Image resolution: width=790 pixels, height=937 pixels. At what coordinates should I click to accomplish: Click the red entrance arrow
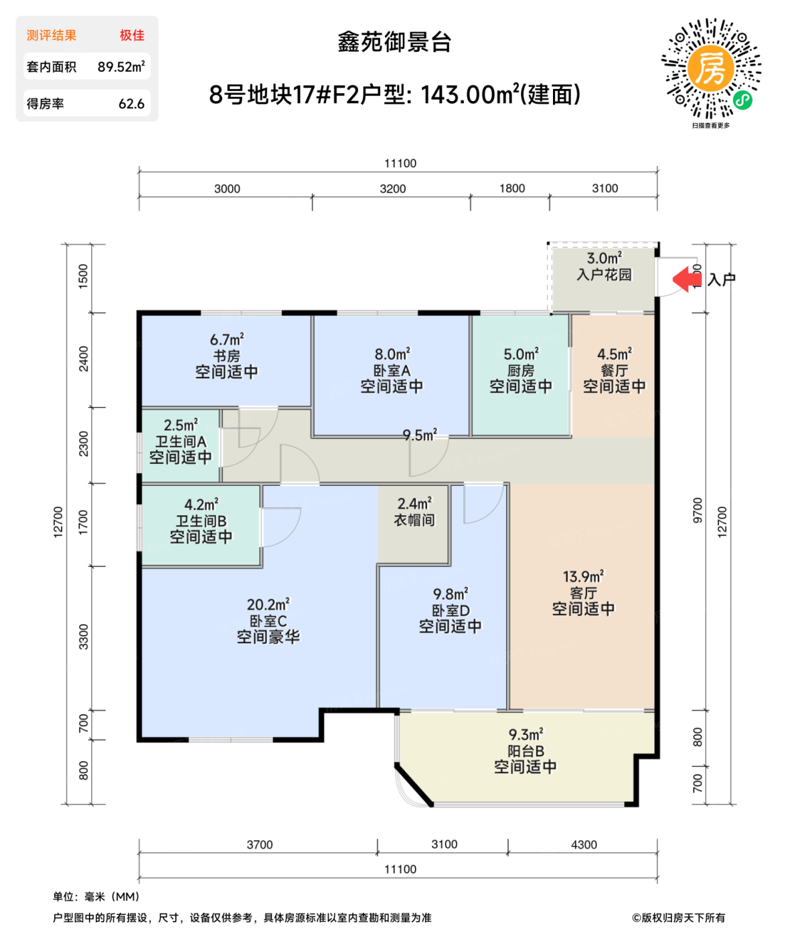[685, 279]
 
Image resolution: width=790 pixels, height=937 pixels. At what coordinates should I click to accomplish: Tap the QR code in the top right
[711, 69]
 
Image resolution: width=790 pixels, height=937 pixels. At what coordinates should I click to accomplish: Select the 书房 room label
[226, 356]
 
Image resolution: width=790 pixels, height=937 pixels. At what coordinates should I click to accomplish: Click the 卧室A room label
[392, 370]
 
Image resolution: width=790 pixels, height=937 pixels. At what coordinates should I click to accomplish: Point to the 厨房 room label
[520, 370]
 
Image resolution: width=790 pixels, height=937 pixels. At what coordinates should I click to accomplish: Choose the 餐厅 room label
[614, 370]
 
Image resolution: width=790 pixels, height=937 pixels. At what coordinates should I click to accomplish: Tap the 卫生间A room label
[181, 442]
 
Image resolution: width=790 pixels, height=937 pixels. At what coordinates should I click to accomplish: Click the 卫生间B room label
[201, 521]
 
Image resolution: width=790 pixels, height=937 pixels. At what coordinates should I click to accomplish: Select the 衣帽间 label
[414, 519]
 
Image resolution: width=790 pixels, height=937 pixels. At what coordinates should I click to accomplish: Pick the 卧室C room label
[268, 621]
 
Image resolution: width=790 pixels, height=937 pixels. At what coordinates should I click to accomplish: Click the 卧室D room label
[450, 610]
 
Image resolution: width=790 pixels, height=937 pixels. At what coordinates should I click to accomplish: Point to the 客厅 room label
[583, 593]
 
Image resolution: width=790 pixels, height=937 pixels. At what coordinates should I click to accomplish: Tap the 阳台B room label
[526, 751]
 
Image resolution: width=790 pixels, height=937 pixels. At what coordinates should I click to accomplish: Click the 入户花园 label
[604, 274]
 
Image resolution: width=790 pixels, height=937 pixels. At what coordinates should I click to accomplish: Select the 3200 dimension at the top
[392, 189]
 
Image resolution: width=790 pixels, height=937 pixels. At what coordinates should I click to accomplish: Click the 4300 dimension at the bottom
[584, 845]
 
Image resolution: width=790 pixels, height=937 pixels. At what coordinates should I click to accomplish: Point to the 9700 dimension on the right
[698, 510]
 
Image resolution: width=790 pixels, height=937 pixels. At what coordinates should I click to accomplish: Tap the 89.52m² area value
[121, 67]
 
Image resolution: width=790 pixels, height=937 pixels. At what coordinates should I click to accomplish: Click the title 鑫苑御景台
[394, 42]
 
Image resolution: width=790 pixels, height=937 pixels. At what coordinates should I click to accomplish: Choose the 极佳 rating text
[132, 35]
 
